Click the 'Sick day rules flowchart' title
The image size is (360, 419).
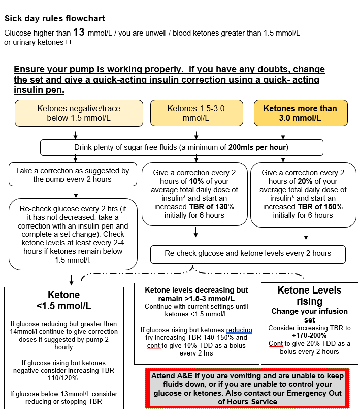tap(55, 19)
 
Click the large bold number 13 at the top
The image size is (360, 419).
tap(79, 33)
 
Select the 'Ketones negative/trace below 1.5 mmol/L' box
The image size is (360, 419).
tap(75, 113)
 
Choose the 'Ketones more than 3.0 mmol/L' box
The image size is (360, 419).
tap(300, 113)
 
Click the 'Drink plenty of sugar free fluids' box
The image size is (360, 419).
tap(181, 147)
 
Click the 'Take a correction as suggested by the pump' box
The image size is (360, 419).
tap(72, 175)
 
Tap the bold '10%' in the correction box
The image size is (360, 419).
tap(181, 181)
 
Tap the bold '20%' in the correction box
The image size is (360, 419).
tap(289, 181)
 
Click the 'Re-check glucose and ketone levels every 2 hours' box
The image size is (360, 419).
tap(248, 253)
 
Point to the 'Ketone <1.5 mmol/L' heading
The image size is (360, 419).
tap(64, 300)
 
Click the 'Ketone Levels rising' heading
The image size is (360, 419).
tap(309, 296)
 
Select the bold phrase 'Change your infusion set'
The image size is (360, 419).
tap(309, 315)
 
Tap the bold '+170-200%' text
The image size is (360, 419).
tap(309, 336)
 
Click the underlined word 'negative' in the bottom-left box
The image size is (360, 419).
tap(25, 371)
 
